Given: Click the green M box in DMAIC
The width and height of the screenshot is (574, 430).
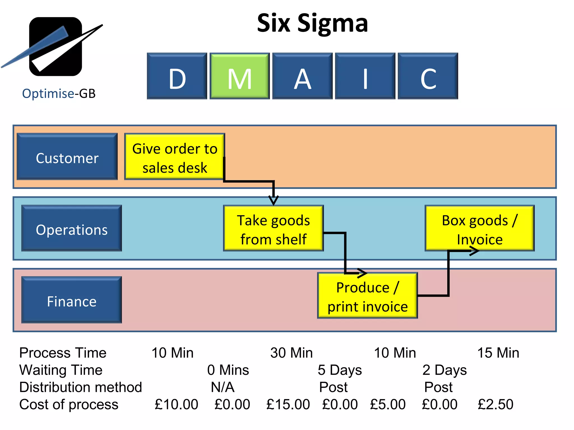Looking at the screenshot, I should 240,76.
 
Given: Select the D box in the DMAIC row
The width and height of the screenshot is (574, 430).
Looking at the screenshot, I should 177,76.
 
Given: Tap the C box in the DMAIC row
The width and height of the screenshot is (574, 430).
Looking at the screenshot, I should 428,76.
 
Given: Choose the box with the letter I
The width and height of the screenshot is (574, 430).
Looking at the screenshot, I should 365,76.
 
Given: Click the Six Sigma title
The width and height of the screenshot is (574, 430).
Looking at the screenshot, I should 312,24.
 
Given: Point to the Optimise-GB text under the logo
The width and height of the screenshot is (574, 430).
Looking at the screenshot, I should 59,94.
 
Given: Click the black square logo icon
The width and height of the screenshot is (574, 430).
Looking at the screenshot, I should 55,46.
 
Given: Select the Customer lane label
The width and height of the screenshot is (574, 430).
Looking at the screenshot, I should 67,157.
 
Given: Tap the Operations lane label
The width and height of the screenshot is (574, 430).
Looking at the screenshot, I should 72,228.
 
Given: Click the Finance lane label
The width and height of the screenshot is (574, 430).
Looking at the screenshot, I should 72,300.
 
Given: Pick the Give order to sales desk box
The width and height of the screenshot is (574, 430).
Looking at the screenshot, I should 175,157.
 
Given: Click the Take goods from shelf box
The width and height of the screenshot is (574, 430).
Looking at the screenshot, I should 273,228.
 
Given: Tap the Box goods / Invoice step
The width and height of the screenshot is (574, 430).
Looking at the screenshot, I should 480,228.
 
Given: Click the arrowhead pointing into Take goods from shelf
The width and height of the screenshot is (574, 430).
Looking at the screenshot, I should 274,200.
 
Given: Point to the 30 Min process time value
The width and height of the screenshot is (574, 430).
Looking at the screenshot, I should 291,353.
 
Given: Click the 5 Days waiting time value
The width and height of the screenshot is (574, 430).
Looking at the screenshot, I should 340,370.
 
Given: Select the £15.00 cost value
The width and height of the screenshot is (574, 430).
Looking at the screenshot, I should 288,405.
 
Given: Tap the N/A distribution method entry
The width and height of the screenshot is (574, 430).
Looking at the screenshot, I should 223,387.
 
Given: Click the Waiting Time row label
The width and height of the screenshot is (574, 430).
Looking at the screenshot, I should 61,370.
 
